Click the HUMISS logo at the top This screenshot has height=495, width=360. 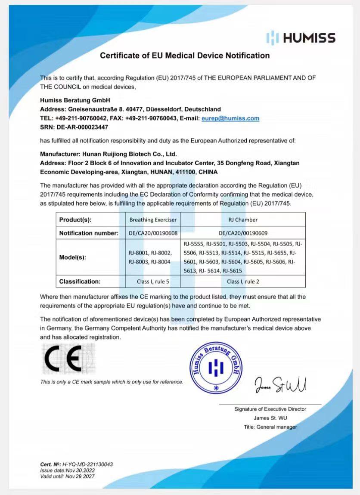coord(301,37)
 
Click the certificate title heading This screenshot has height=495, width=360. coord(185,56)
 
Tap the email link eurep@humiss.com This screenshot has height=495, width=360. coord(230,118)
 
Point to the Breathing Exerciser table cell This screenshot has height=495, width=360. coord(153,220)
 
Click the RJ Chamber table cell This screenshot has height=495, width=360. coord(243,220)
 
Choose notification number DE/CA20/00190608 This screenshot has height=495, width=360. coord(153,233)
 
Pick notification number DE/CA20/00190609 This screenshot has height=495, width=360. coord(243,233)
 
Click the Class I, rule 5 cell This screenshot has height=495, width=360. coord(153,282)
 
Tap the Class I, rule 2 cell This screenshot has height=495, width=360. coord(243,282)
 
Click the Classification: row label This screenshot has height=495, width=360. coord(80,282)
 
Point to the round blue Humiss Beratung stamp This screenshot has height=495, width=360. coord(216,368)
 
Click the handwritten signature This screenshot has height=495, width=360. coord(280,384)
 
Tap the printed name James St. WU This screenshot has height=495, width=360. coord(270,418)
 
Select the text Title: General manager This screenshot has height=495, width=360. coord(270,427)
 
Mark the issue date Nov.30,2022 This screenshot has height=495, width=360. coord(80,470)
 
